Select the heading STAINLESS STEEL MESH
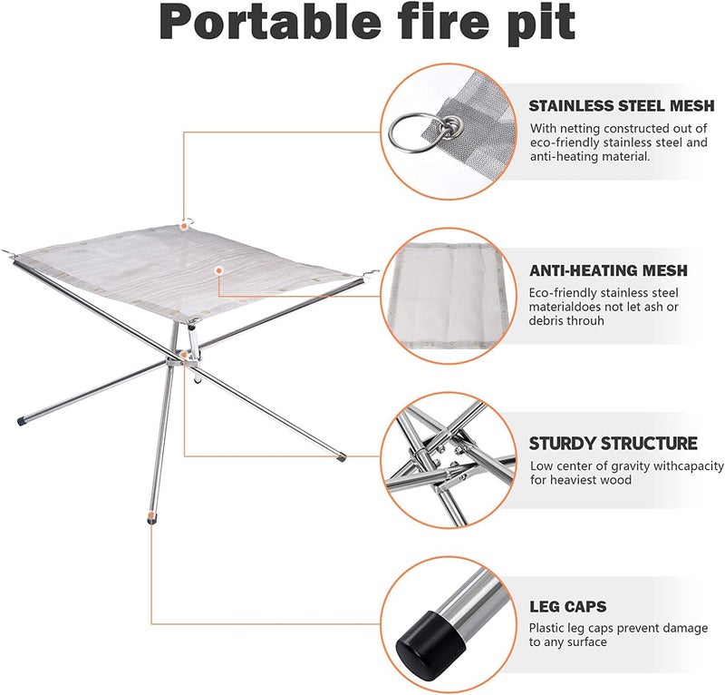[621, 107]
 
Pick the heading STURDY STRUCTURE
[614, 444]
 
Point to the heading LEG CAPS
[568, 606]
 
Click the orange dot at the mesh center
[218, 270]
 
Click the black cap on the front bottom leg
[149, 520]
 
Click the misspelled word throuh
[585, 322]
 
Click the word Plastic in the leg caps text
[548, 628]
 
